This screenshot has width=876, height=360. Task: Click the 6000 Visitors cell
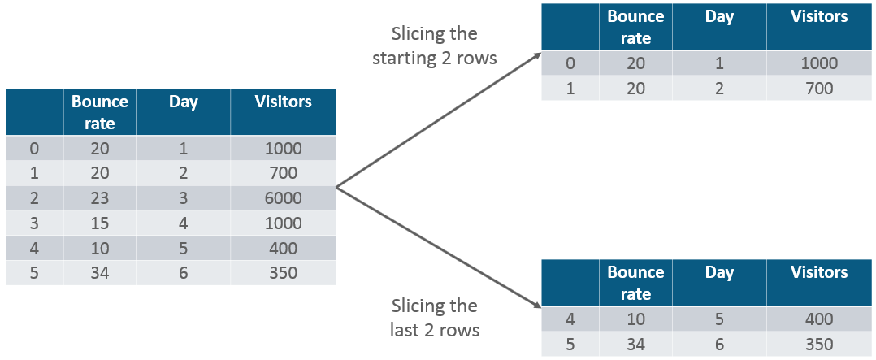point(283,198)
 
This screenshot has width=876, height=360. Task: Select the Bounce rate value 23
point(99,198)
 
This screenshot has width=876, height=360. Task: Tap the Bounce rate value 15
point(99,223)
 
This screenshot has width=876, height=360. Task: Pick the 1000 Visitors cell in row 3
point(283,223)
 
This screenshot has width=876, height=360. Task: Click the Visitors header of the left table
point(283,102)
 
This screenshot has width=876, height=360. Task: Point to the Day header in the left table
point(184,102)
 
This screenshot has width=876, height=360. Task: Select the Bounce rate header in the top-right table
point(635,27)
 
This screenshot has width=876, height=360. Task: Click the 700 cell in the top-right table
point(819,88)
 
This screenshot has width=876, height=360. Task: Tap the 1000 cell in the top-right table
point(819,63)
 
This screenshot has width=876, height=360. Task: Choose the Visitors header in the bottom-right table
point(819,272)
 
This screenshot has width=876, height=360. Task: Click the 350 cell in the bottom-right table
point(819,345)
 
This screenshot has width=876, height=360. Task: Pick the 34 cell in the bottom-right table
point(635,345)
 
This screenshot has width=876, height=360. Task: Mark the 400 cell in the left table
point(283,249)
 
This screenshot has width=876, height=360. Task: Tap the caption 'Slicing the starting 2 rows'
point(435,46)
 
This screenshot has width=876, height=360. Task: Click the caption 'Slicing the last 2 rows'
point(435,318)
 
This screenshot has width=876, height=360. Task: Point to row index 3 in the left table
point(33,223)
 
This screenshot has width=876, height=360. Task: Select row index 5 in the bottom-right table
point(570,345)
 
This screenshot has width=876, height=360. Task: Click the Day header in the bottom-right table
point(720,272)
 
